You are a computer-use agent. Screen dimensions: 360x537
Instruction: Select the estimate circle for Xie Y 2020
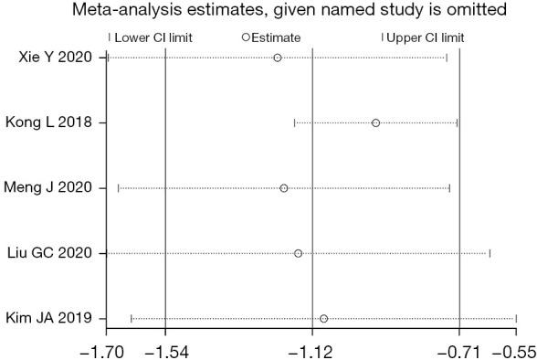(x=278, y=58)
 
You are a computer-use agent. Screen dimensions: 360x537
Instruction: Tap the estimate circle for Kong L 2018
(x=375, y=122)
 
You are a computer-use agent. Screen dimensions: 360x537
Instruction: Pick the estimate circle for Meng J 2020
(x=284, y=188)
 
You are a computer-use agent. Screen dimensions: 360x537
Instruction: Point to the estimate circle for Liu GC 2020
(x=299, y=253)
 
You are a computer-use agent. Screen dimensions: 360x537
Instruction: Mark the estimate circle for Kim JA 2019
(x=324, y=318)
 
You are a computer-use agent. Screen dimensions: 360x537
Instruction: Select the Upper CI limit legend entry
(x=424, y=37)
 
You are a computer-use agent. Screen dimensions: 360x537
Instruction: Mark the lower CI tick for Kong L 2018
(x=294, y=122)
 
